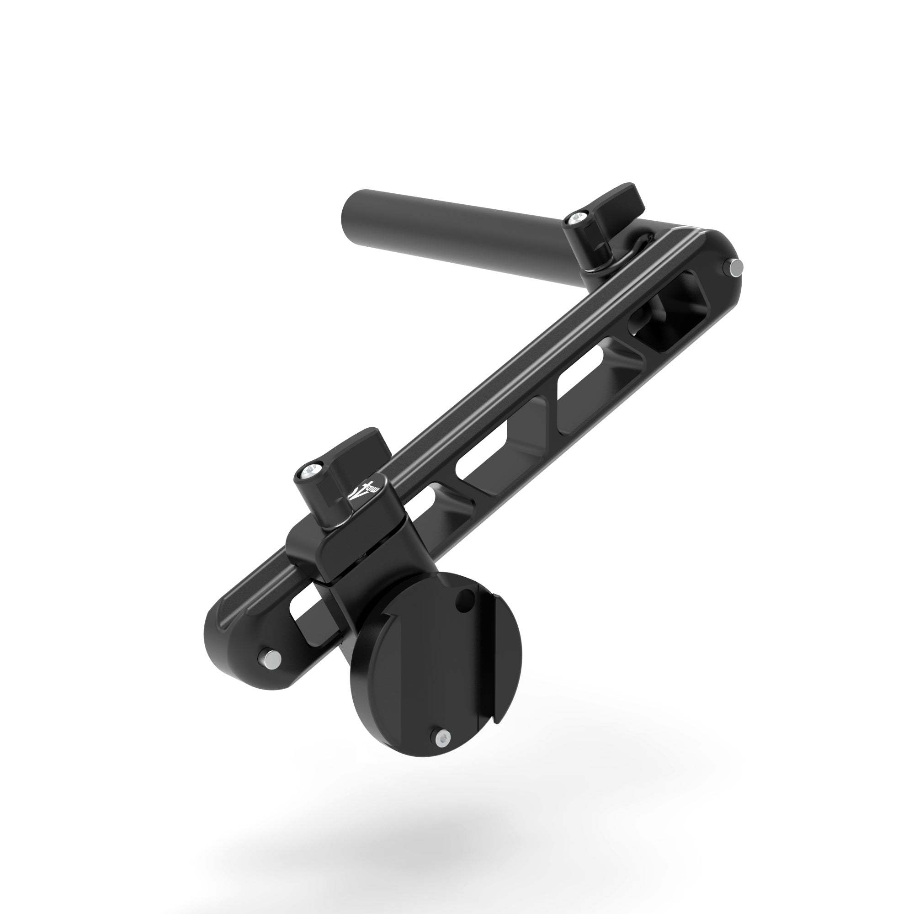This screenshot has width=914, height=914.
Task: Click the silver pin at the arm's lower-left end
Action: coord(271,658)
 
